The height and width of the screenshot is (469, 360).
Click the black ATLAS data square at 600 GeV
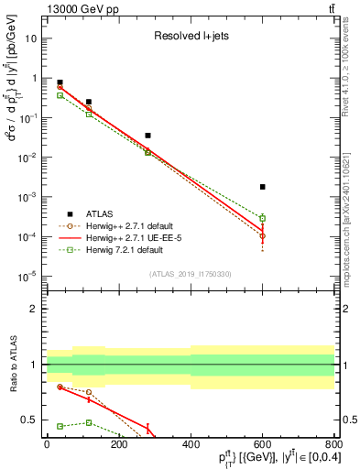point(262,187)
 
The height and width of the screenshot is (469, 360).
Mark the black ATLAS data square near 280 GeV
point(147,136)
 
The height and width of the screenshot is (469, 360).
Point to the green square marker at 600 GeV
point(262,218)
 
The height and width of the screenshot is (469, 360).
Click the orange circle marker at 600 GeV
point(262,236)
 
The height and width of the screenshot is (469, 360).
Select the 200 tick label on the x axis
point(118,444)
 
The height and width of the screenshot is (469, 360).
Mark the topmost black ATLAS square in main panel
point(60,82)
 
